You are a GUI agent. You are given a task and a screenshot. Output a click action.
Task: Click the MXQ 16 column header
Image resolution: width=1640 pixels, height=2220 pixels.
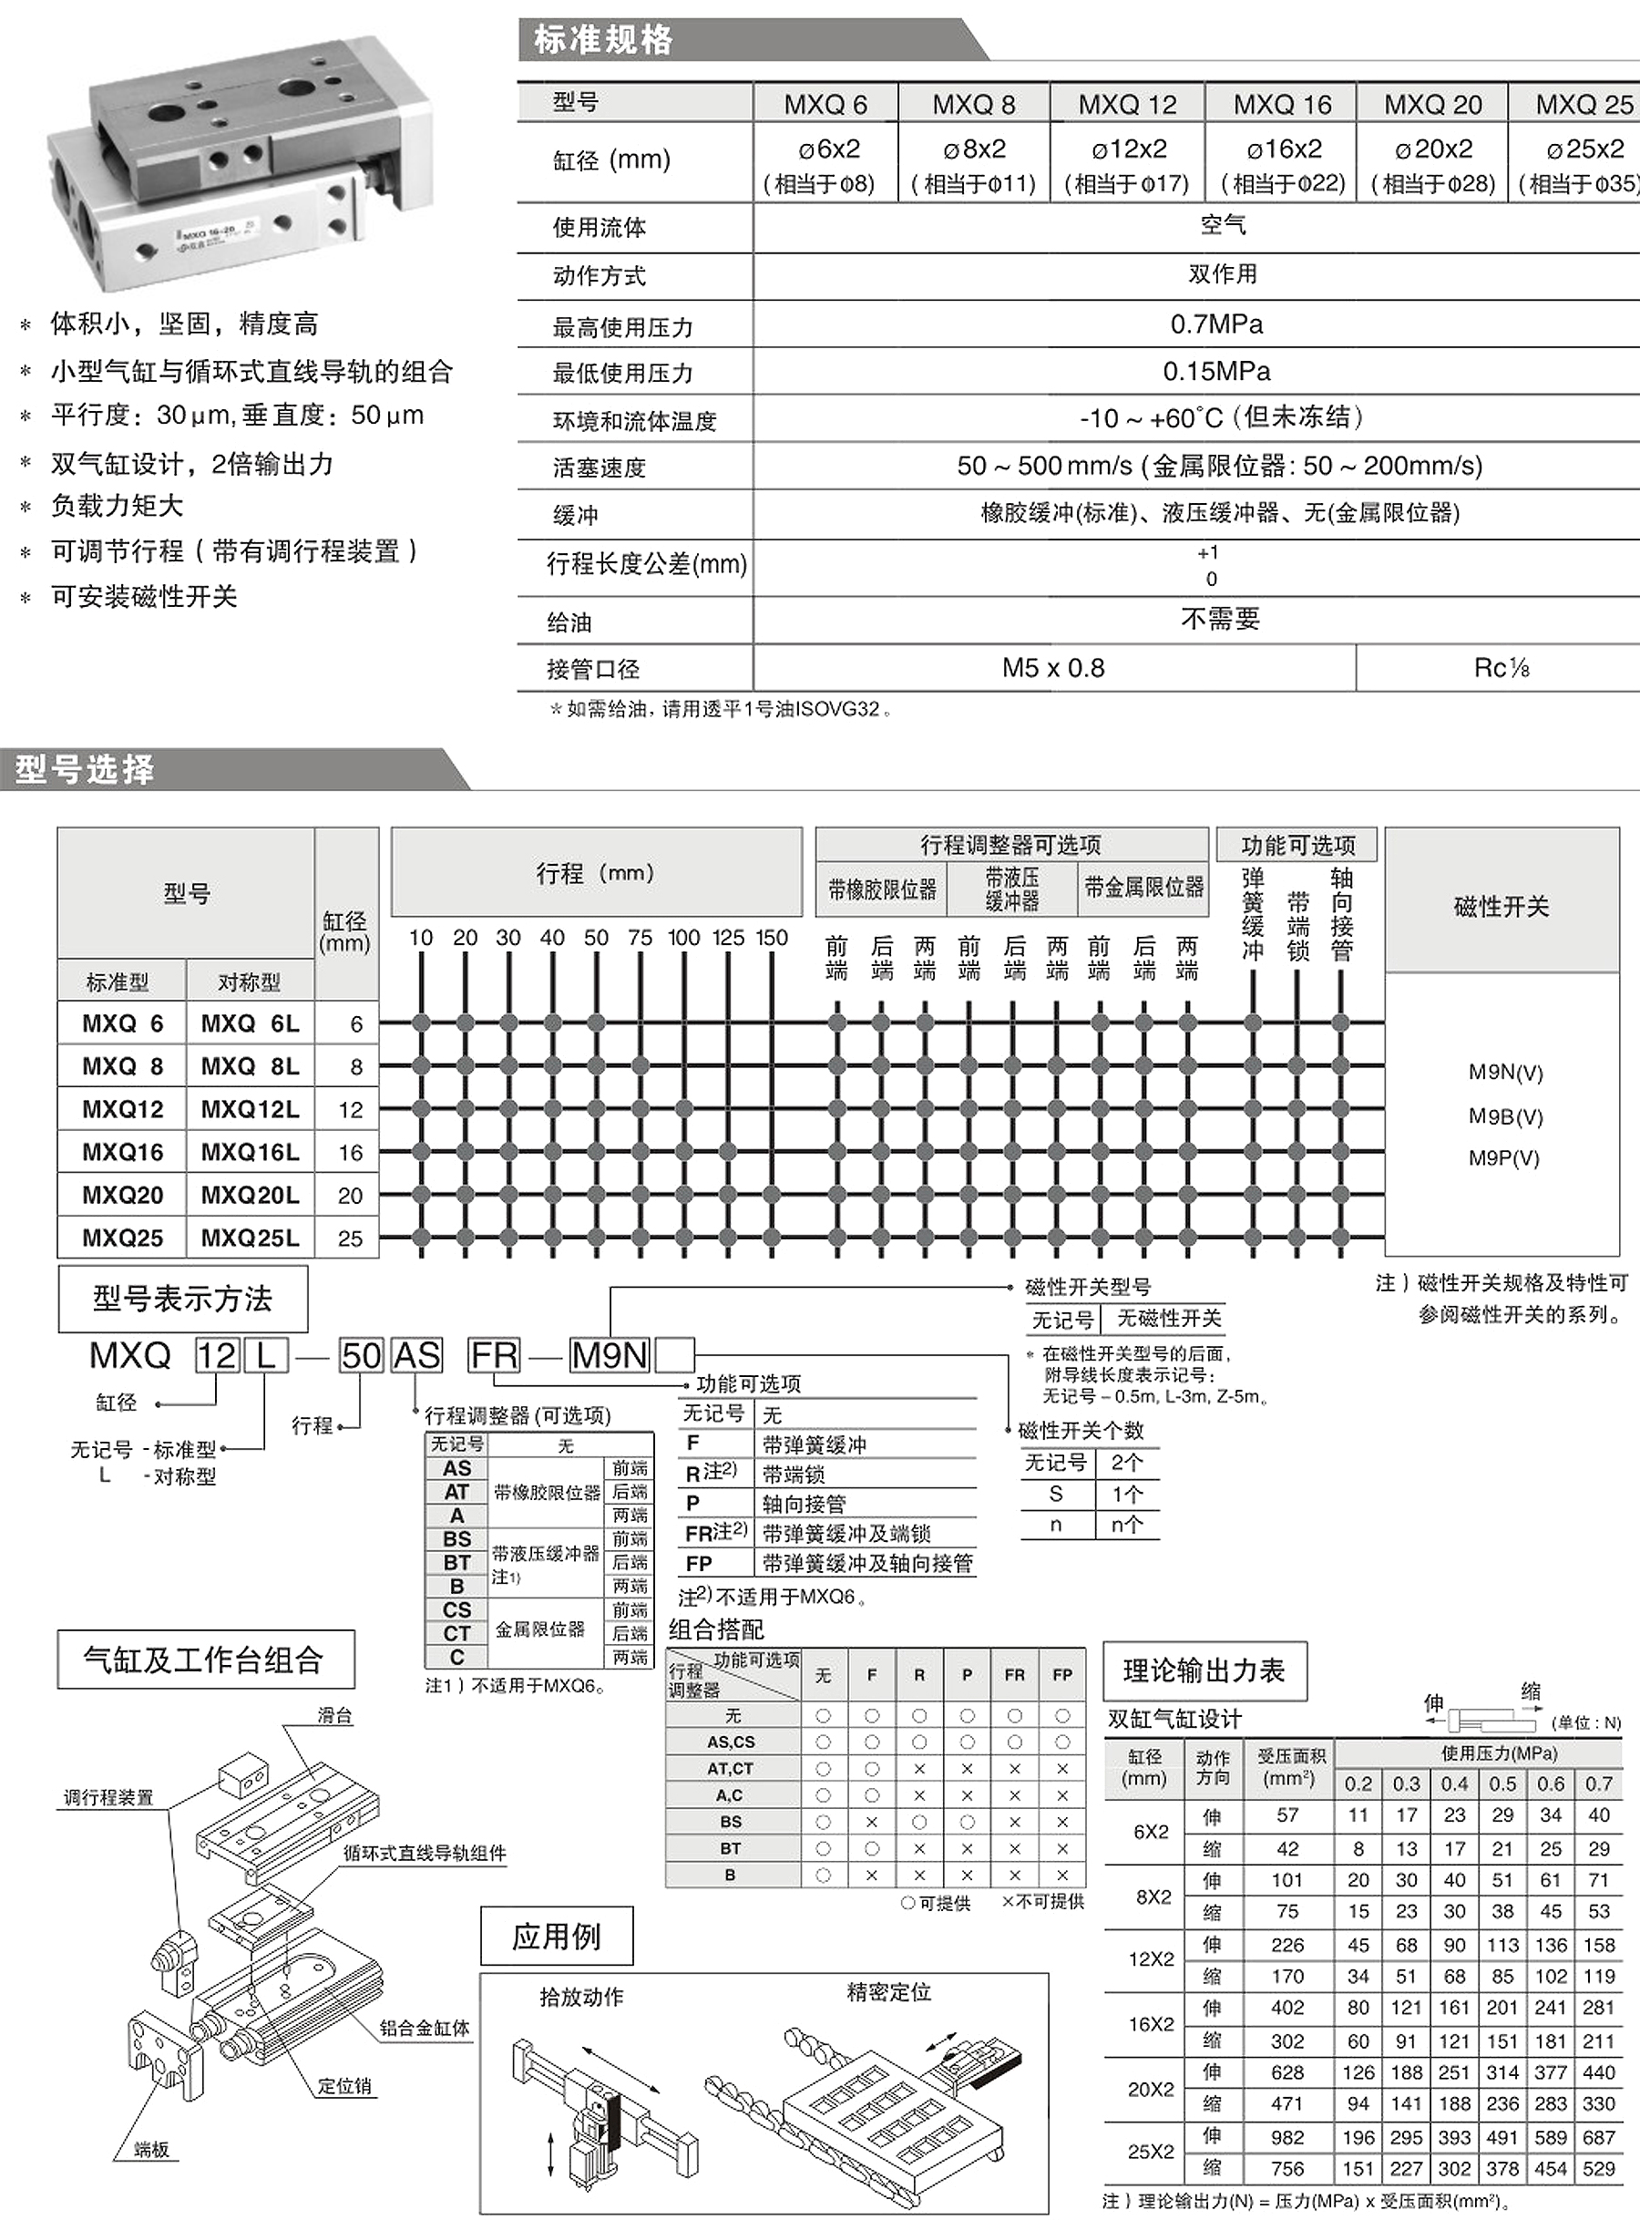click(1282, 104)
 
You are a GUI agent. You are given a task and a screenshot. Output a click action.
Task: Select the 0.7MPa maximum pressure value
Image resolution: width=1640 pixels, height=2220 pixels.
click(1216, 324)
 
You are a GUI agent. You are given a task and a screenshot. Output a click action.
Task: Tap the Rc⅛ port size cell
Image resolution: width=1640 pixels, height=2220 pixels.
click(1500, 668)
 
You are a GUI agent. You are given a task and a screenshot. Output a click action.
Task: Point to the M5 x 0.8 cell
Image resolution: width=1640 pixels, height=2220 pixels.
click(1052, 668)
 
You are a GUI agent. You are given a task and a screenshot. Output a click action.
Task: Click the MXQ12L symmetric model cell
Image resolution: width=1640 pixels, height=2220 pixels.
click(249, 1109)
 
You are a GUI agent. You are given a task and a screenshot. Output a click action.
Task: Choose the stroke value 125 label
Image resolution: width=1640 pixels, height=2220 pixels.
click(728, 937)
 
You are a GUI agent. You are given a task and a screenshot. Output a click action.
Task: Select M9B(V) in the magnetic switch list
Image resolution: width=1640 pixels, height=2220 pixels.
click(1505, 1116)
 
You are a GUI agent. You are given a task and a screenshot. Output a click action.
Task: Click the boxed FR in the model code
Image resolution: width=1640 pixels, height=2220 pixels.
click(495, 1355)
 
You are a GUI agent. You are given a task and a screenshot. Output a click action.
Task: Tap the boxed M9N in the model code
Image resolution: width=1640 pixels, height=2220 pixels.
click(609, 1355)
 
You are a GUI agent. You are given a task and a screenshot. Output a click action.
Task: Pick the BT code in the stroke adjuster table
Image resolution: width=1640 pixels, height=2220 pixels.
click(456, 1563)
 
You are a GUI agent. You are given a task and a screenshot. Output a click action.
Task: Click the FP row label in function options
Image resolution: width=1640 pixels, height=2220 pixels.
click(699, 1564)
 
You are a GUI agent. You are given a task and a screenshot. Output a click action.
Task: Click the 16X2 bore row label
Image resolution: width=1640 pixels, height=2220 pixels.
click(1151, 2023)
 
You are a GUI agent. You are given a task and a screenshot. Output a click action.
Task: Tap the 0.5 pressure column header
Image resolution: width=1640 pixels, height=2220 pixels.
click(1502, 1784)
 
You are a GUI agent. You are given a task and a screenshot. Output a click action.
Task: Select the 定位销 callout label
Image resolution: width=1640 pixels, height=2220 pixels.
click(344, 2086)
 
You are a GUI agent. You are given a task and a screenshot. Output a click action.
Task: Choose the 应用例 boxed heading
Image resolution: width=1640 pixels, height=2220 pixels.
click(556, 1936)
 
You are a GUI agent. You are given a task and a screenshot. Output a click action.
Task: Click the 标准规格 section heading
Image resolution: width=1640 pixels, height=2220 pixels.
click(602, 40)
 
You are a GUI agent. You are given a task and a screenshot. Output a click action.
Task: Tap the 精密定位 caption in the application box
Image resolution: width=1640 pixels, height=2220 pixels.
click(888, 1991)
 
